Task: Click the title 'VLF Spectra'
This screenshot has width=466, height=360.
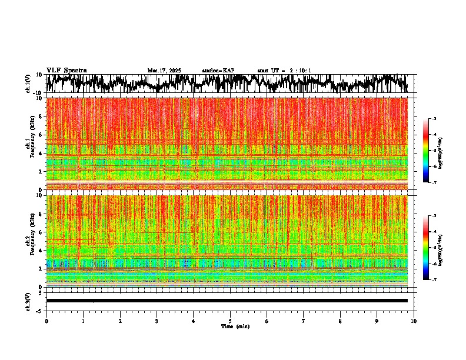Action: [66, 70]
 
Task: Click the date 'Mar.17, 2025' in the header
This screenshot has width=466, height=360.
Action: [164, 71]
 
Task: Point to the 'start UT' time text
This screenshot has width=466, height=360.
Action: [284, 71]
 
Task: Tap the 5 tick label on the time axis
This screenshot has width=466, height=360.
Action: [230, 321]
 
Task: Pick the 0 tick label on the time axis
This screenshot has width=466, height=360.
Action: [46, 321]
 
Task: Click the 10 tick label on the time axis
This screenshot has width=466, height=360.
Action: [414, 321]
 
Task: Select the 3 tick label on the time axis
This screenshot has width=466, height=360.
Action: [157, 321]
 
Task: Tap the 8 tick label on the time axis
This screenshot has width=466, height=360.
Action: [340, 321]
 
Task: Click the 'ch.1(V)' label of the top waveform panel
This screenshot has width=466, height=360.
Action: [28, 83]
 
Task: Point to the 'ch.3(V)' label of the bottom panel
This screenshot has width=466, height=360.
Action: [28, 301]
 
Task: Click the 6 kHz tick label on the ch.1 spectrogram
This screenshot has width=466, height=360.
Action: [41, 135]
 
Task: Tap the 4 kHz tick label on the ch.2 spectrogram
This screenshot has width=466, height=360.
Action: [41, 250]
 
